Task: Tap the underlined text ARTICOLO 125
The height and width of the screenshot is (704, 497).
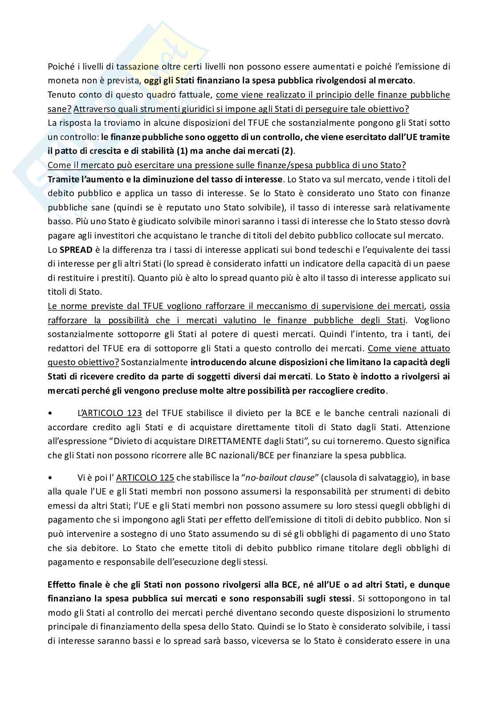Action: pyautogui.click(x=145, y=478)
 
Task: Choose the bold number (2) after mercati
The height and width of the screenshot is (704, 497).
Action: pyautogui.click(x=288, y=151)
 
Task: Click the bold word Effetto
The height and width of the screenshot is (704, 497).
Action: pyautogui.click(x=61, y=585)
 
